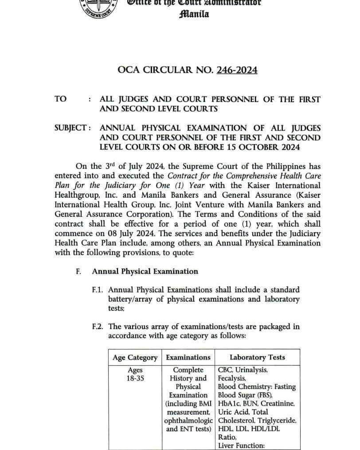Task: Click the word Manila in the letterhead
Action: click(194, 14)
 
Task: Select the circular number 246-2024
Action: click(237, 70)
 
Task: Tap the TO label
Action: click(61, 99)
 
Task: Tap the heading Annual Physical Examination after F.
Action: click(145, 271)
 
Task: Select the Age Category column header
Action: click(135, 358)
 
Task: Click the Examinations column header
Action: click(188, 357)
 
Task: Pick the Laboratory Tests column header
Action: click(257, 357)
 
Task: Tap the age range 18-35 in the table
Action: click(135, 379)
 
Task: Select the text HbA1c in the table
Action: click(227, 404)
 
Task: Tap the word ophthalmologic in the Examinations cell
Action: click(188, 420)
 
